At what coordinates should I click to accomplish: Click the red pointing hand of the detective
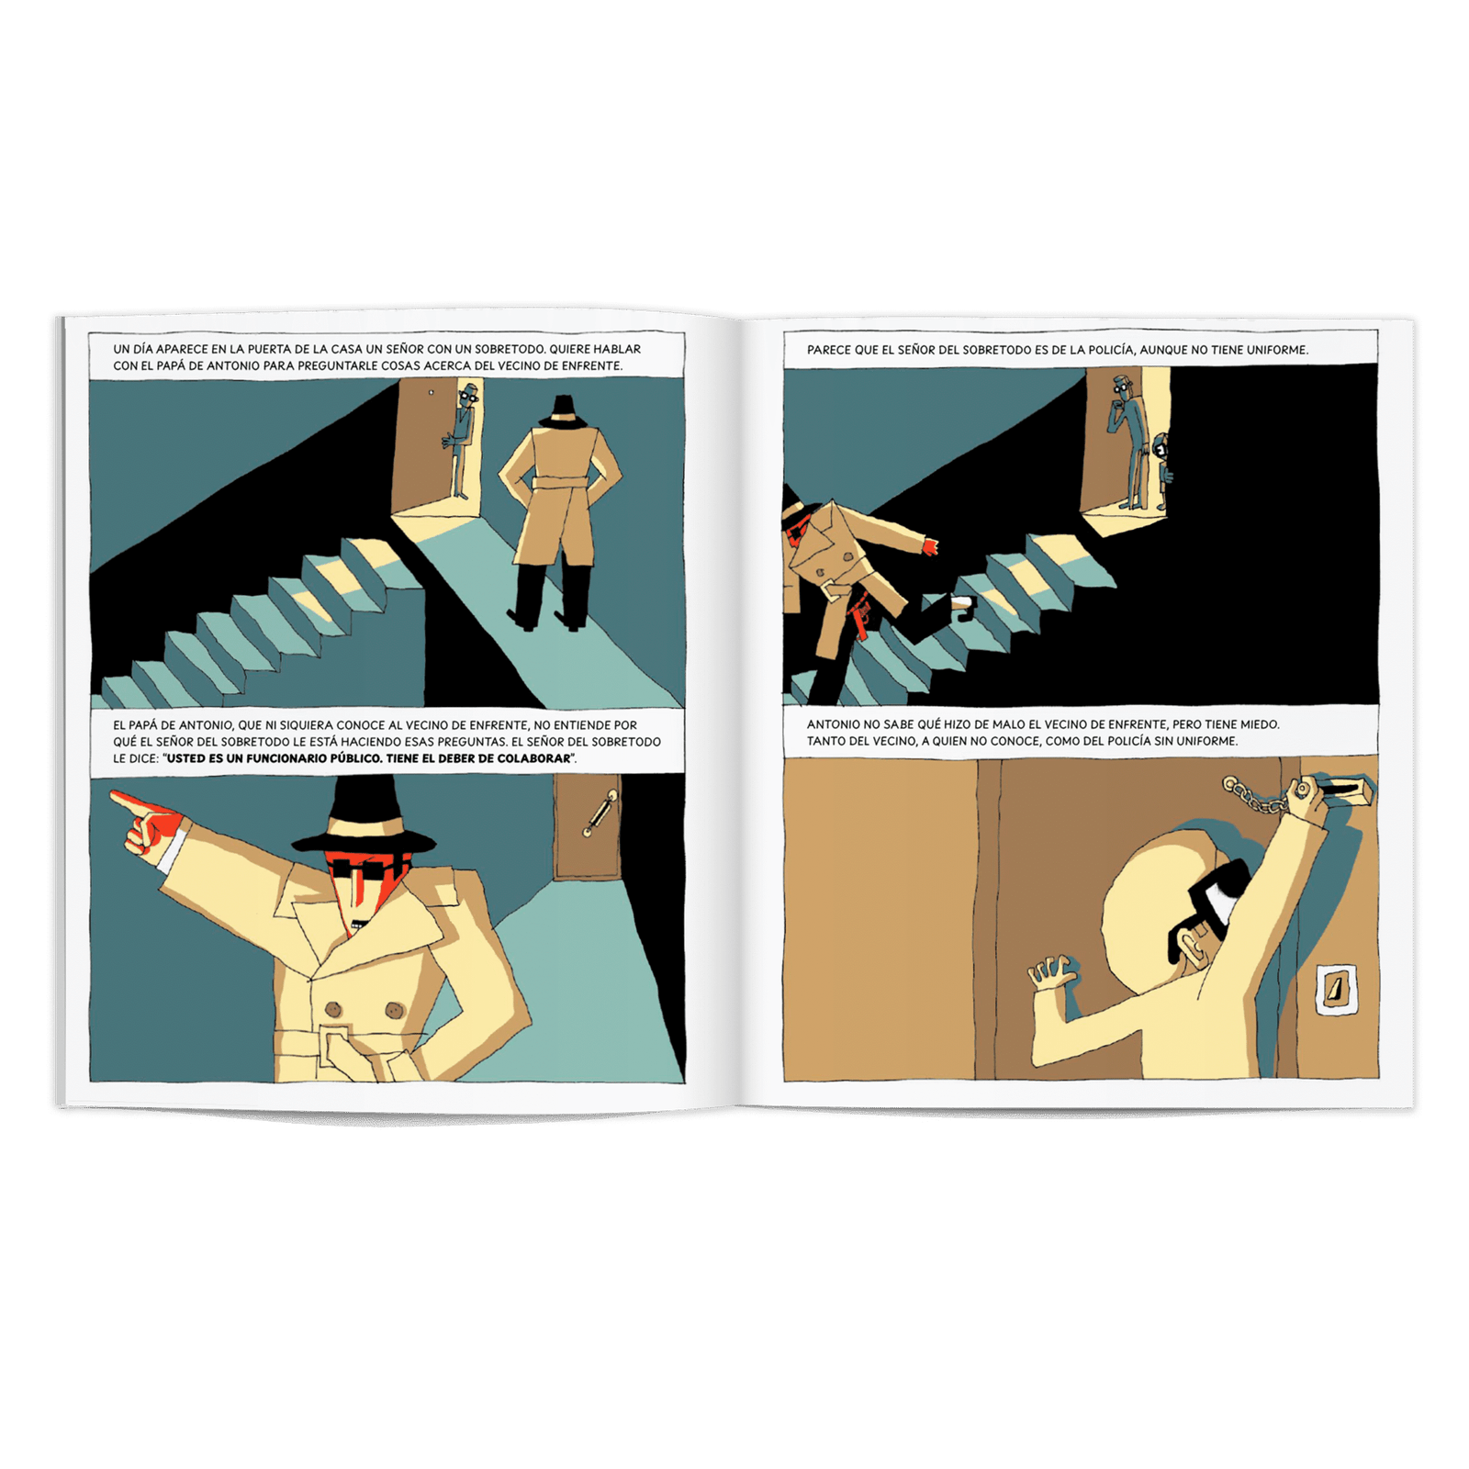[x=147, y=823]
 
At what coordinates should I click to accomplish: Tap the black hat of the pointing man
[x=364, y=820]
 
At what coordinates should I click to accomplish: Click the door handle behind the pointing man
[x=600, y=813]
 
